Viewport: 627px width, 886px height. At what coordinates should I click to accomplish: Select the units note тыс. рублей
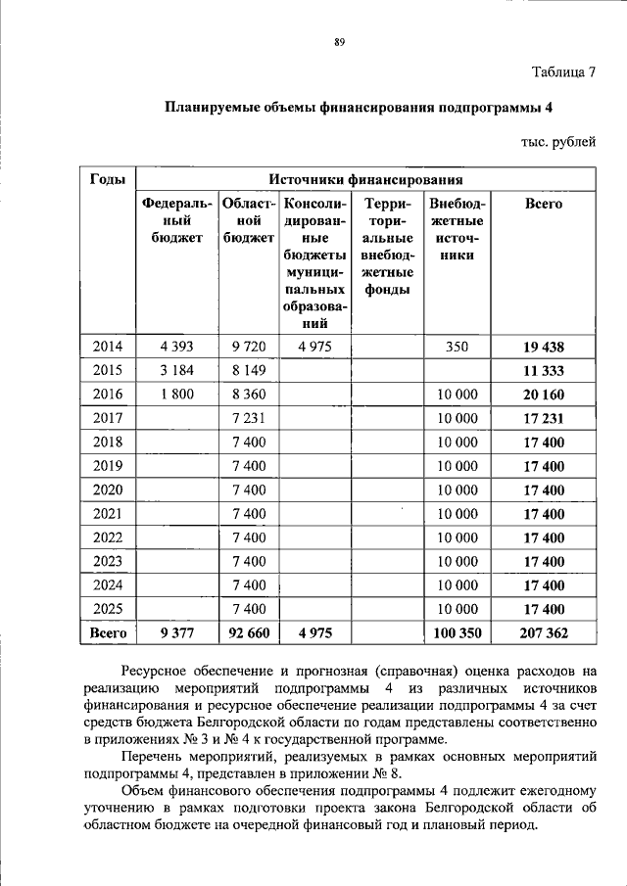click(x=557, y=142)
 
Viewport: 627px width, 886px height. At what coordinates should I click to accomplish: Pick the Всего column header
click(x=544, y=204)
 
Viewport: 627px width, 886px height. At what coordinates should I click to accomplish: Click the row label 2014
click(x=108, y=347)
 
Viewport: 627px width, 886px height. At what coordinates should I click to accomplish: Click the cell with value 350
click(x=457, y=347)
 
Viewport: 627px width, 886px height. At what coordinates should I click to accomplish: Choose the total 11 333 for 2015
click(x=544, y=371)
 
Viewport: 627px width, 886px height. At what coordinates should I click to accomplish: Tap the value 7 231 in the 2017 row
click(x=249, y=418)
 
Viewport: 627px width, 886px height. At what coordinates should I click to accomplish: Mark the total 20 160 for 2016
click(x=544, y=395)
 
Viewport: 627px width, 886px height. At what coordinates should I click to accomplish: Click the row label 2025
click(x=108, y=609)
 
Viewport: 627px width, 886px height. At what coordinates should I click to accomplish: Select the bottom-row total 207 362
click(x=544, y=633)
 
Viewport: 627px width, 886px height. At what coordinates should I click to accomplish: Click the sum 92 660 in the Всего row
click(x=249, y=633)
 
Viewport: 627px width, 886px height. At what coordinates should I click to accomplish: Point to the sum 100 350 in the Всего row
click(x=457, y=633)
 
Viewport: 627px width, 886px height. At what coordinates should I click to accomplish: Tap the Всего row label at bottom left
click(x=108, y=633)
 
